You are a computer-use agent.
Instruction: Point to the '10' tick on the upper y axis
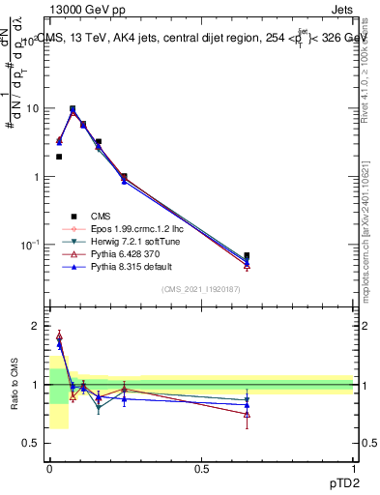(34, 108)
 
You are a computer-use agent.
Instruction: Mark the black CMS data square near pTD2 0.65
(247, 256)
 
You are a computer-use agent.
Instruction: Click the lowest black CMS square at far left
(59, 157)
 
